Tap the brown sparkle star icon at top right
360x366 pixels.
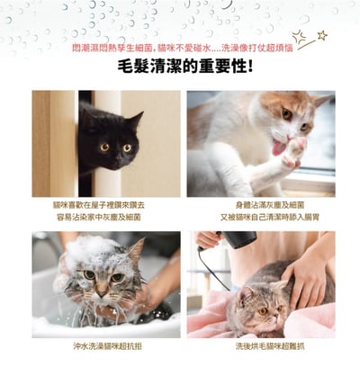[321, 35]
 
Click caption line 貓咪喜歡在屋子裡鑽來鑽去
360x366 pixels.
[106, 204]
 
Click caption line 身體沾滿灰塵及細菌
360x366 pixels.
[260, 204]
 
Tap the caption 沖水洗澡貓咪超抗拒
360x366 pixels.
[106, 344]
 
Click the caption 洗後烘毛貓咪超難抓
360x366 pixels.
[260, 344]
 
